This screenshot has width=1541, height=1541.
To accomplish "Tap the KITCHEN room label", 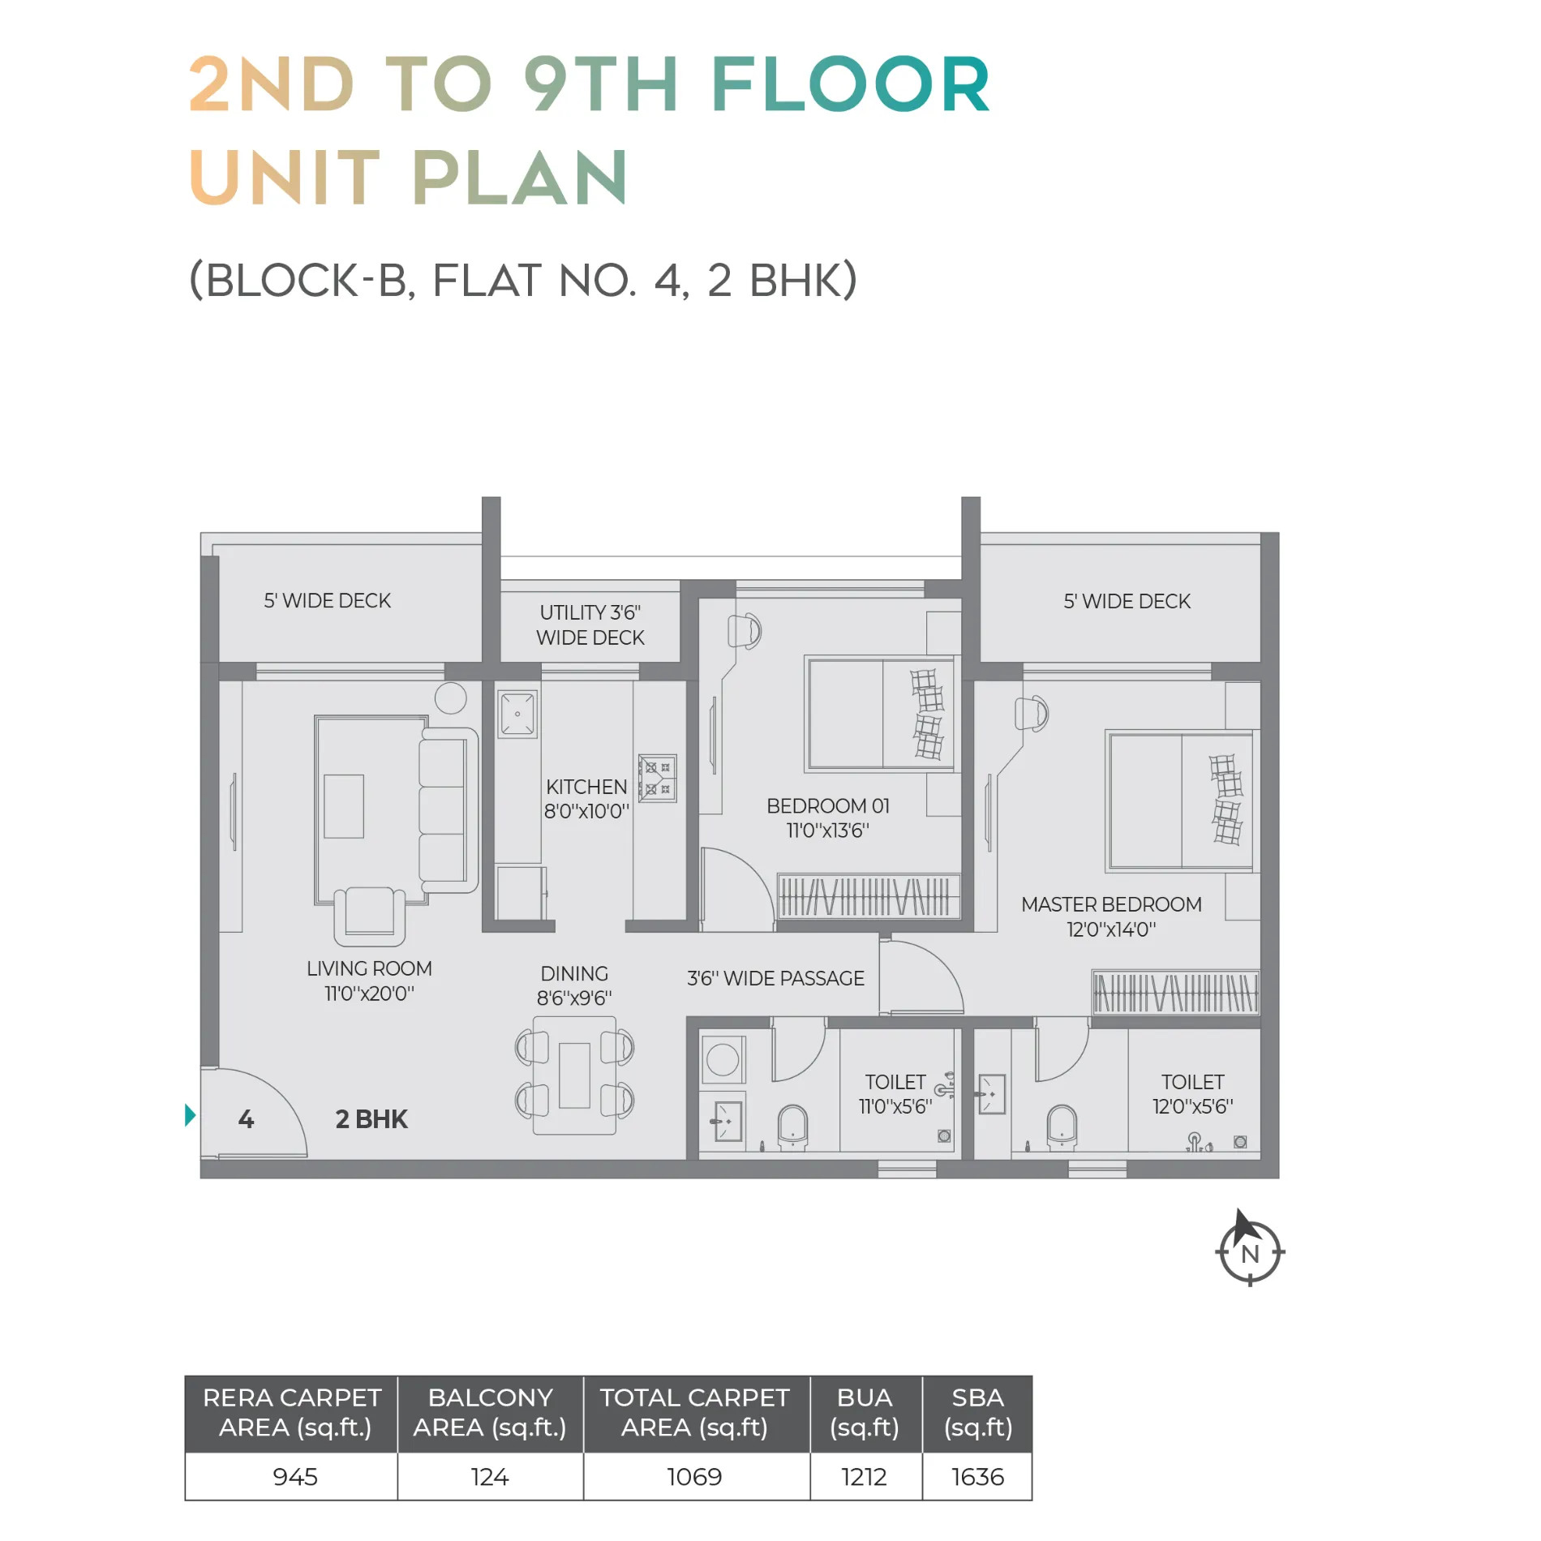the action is pos(586,799).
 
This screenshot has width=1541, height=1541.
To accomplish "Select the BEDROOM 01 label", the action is pos(828,818).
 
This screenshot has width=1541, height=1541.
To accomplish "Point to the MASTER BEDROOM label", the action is pos(1111,916).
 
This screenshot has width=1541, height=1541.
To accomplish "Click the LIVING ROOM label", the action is pos(369,981).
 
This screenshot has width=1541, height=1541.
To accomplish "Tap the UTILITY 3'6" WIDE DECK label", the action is pos(590,625).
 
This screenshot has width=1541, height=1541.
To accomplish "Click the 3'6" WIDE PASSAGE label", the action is pos(775,978).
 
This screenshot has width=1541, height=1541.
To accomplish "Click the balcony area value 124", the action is pos(490,1476).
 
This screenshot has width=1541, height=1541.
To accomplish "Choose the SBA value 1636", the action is pos(977,1476).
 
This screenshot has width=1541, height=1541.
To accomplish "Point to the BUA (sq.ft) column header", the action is pos(865,1413).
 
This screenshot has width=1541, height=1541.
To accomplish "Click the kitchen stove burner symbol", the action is pos(657,779).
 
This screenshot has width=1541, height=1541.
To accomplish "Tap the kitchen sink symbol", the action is pos(517,714).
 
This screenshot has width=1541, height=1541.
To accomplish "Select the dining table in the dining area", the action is pos(574,1075).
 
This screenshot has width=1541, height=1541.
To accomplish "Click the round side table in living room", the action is pos(450,698).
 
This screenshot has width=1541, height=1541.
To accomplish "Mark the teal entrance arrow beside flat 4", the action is pos(191,1115).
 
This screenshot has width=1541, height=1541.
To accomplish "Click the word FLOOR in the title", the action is pos(851,84).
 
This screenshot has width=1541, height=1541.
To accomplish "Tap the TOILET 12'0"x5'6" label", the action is pos(1192,1094).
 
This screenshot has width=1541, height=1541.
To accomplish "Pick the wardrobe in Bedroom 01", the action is pos(869,896).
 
